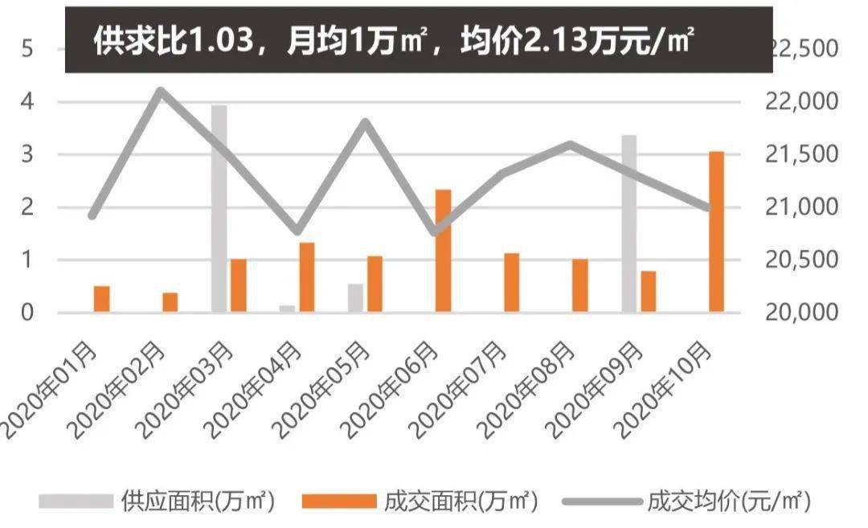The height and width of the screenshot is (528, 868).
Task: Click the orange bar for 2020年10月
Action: (x=716, y=231)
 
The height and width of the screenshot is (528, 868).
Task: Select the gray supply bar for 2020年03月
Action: (x=219, y=208)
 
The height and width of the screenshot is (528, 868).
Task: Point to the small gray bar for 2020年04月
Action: (x=287, y=309)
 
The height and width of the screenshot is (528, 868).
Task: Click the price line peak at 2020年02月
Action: (x=162, y=90)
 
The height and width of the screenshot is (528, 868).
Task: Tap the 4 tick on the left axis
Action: (x=27, y=102)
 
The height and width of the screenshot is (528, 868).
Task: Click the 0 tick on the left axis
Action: (x=27, y=313)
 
